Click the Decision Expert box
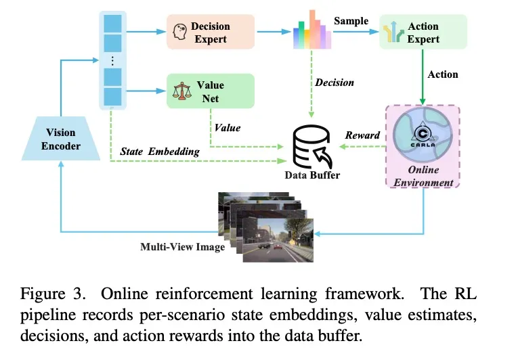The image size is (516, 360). tap(211, 32)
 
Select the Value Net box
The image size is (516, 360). tap(211, 91)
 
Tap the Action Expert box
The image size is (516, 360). tap(423, 32)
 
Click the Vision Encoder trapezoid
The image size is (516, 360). tap(61, 139)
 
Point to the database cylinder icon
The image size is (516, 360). tap(311, 146)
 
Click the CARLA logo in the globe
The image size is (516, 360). tap(423, 135)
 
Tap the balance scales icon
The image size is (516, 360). tap(181, 91)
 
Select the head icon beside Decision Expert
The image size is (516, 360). tap(180, 32)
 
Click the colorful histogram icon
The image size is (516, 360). tap(312, 30)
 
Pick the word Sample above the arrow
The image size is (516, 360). tap(351, 21)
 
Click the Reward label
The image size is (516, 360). tap(362, 135)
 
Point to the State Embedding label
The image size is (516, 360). tap(160, 152)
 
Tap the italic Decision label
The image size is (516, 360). tap(335, 83)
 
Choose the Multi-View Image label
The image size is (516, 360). tap(183, 247)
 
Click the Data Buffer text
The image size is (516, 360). tap(312, 175)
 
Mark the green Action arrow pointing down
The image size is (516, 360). tap(423, 77)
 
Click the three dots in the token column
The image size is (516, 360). tap(112, 61)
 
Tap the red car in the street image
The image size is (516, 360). tap(278, 246)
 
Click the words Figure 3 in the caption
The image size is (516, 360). tap(53, 293)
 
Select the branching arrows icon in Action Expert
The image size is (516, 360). tap(393, 32)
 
